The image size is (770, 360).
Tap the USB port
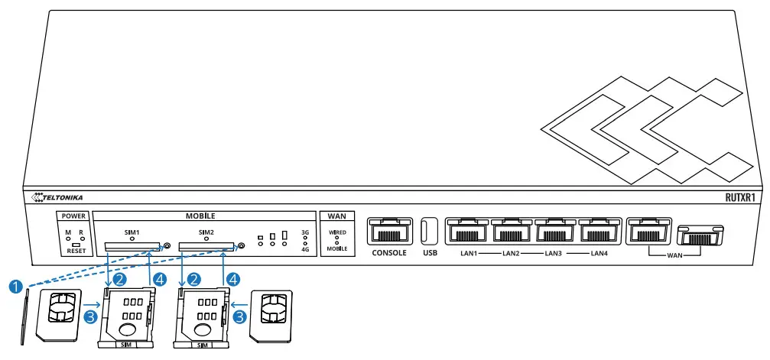click(428, 231)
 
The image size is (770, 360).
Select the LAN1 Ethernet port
click(467, 231)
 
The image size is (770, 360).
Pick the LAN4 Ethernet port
click(599, 231)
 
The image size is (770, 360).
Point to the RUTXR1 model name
click(740, 197)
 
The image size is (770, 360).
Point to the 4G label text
click(305, 249)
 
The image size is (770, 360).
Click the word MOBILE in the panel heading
click(200, 216)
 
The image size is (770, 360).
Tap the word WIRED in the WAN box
click(337, 230)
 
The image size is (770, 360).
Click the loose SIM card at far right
click(272, 313)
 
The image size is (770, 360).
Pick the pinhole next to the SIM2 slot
click(242, 246)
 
